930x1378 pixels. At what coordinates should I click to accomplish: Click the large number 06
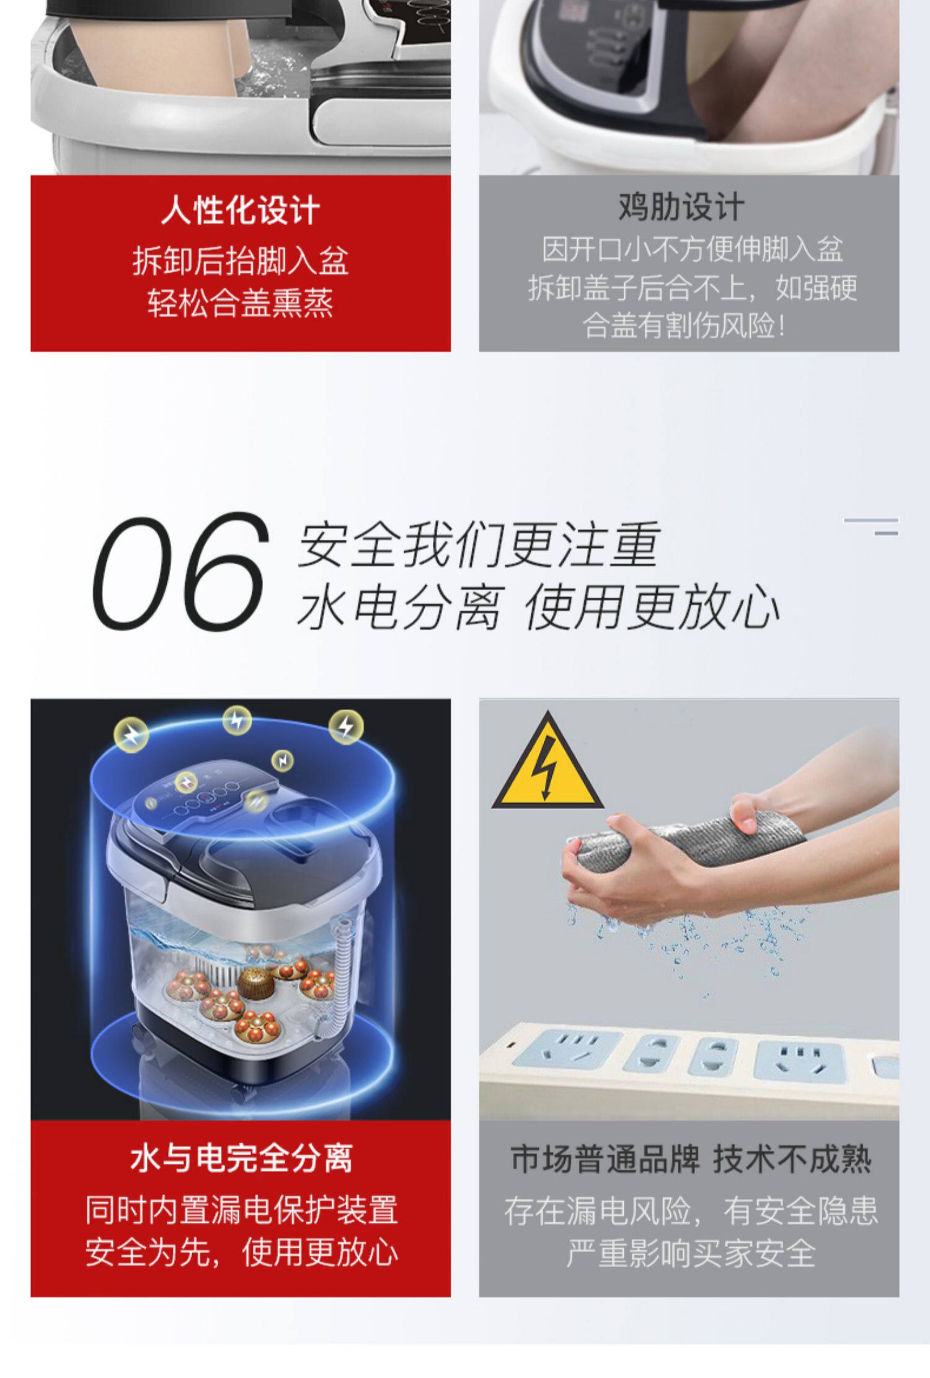tap(180, 570)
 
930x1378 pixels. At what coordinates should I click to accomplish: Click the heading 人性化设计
tap(241, 210)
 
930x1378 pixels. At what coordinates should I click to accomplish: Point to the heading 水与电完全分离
tap(241, 1158)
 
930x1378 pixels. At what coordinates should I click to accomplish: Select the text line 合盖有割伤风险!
tap(684, 325)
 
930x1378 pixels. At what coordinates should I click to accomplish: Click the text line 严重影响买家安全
tap(690, 1253)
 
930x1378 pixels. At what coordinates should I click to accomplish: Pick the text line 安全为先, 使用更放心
tap(241, 1252)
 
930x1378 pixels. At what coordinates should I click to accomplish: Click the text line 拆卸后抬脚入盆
tap(241, 261)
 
